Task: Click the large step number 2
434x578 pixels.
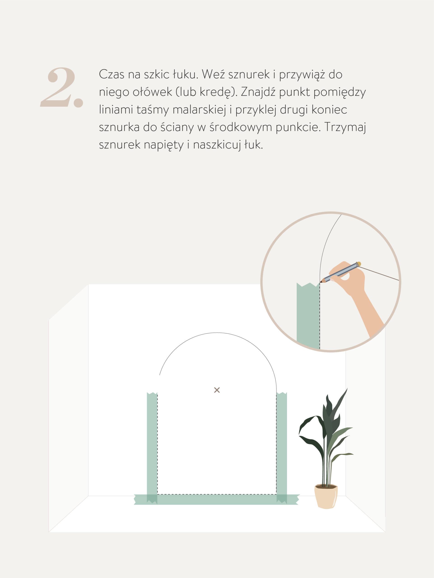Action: pyautogui.click(x=62, y=87)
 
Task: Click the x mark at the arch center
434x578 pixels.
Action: pyautogui.click(x=217, y=390)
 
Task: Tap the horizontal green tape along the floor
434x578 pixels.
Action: pyautogui.click(x=217, y=500)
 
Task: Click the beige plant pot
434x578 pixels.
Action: pyautogui.click(x=326, y=496)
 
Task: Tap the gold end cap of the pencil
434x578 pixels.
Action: pyautogui.click(x=359, y=264)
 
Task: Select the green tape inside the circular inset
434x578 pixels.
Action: pyautogui.click(x=308, y=316)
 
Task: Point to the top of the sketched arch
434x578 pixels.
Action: pyautogui.click(x=217, y=333)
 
